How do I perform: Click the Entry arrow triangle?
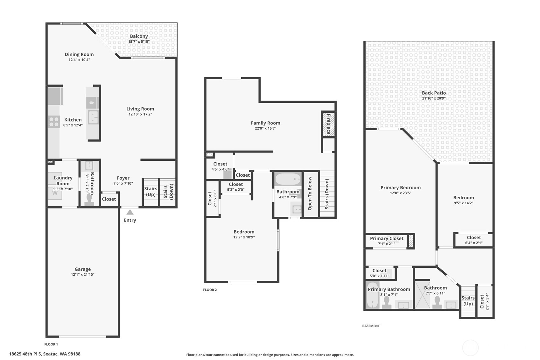tap(130, 212)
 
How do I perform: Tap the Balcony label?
tap(139, 36)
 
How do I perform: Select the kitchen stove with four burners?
tap(54, 122)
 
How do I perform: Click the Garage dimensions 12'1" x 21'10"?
tap(83, 274)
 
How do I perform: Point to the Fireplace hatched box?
tap(328, 124)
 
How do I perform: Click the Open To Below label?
tap(310, 194)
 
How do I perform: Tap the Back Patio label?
tap(434, 93)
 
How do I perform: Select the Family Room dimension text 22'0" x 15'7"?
tap(265, 128)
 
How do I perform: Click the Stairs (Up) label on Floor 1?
tap(151, 191)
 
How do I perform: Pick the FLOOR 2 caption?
tap(210, 290)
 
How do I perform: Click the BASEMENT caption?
tap(371, 326)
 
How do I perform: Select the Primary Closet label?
tap(387, 238)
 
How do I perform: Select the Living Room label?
tap(140, 109)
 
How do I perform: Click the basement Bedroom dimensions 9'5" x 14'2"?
tap(464, 203)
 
